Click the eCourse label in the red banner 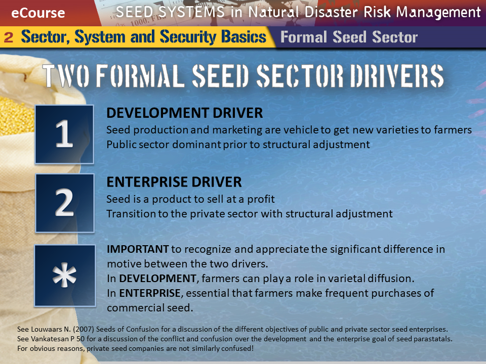[38, 13]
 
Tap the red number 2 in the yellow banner [9, 37]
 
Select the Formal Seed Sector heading [349, 37]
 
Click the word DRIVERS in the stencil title [397, 75]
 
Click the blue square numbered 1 [64, 134]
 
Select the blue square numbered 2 [64, 203]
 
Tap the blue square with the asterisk [65, 276]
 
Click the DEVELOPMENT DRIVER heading [184, 113]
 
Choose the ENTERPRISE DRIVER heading [174, 182]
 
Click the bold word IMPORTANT [138, 249]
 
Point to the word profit [261, 199]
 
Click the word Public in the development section [121, 145]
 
